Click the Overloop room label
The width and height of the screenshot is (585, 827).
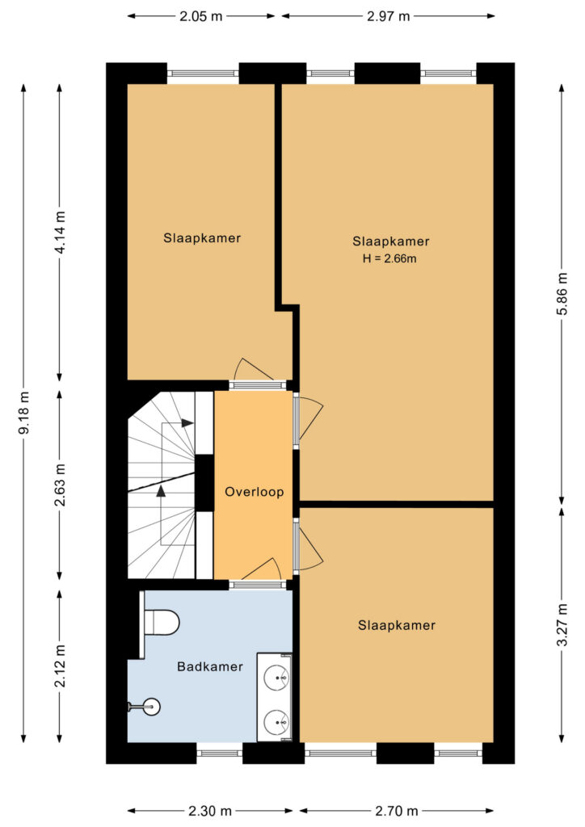[255, 492]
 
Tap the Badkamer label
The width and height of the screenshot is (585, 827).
[210, 666]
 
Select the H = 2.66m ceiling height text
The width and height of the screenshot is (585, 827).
[389, 258]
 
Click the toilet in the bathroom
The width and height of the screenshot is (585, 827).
[162, 623]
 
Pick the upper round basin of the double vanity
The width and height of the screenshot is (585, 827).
[276, 677]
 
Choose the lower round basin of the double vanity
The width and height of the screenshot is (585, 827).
[276, 722]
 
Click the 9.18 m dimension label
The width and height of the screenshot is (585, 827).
[23, 413]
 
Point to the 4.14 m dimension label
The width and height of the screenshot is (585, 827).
[60, 232]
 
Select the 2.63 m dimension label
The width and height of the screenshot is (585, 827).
[60, 485]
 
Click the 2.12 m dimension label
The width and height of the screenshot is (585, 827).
[60, 665]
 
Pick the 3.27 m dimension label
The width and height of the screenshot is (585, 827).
[562, 625]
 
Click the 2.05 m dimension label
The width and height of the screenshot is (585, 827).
[201, 16]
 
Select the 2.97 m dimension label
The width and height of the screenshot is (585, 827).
[389, 16]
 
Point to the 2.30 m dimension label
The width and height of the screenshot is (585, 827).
[210, 811]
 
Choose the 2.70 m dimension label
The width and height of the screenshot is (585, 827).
[397, 811]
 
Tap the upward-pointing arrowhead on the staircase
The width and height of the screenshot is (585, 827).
[161, 491]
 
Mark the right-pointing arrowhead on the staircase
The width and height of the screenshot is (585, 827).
[187, 423]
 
